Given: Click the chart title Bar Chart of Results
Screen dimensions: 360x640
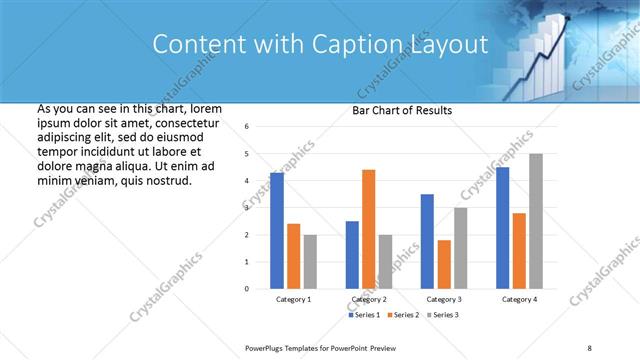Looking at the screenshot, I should pyautogui.click(x=402, y=110).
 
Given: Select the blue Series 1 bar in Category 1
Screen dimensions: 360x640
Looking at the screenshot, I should pyautogui.click(x=277, y=231).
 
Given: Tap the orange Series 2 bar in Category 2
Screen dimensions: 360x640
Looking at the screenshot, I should pyautogui.click(x=368, y=229).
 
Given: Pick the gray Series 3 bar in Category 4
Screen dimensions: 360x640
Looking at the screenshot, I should pyautogui.click(x=536, y=221).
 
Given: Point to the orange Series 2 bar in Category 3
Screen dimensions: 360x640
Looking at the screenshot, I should pyautogui.click(x=444, y=264).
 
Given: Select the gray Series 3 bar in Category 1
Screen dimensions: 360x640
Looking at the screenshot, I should pyautogui.click(x=310, y=262).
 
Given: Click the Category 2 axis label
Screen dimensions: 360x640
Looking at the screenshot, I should pyautogui.click(x=369, y=300).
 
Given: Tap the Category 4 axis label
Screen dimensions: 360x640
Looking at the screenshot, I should pyautogui.click(x=519, y=300).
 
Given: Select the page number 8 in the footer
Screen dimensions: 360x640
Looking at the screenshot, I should pyautogui.click(x=589, y=347).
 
